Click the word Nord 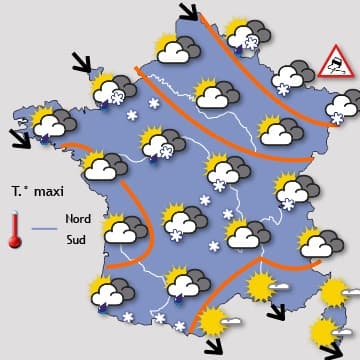coord(78,217)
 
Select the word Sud coord(75,239)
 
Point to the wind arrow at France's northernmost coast coord(187,13)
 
